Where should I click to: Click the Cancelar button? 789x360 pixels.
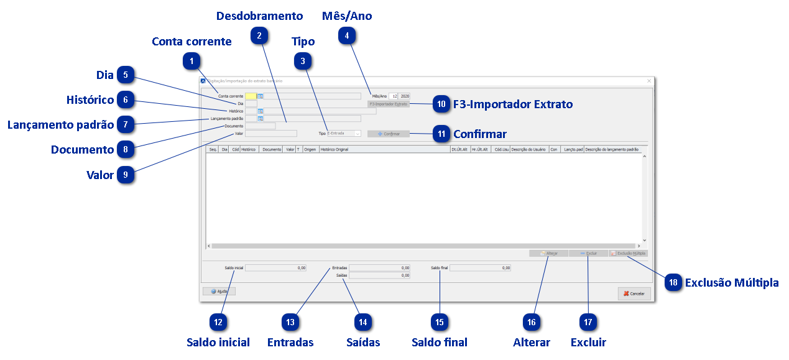tap(634, 293)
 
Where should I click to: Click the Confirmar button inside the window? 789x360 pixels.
tap(389, 134)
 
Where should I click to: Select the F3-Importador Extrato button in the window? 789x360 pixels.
tap(389, 104)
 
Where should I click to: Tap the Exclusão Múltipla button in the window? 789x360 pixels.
tap(629, 254)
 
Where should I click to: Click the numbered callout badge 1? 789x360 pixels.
tap(192, 62)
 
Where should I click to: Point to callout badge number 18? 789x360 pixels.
tap(673, 282)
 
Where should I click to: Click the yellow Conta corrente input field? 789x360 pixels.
tap(251, 96)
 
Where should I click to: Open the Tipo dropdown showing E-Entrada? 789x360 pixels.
tap(343, 133)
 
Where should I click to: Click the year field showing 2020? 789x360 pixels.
tap(405, 96)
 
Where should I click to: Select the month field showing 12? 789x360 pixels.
tap(394, 96)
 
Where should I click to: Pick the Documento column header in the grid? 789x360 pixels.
tap(271, 150)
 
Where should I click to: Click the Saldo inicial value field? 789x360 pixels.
tap(276, 268)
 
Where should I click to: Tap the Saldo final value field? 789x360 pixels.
tap(480, 268)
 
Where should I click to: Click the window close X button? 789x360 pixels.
tap(648, 81)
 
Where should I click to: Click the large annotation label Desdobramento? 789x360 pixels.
tap(259, 16)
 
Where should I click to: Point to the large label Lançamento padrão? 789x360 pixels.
tap(60, 125)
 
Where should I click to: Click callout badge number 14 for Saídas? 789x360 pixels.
tap(362, 322)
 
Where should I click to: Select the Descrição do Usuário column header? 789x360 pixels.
tap(528, 150)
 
